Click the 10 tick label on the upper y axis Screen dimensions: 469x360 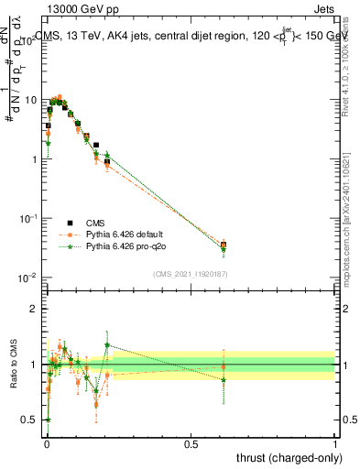31,99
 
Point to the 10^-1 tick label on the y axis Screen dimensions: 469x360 29,218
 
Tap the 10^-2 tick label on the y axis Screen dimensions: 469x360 29,278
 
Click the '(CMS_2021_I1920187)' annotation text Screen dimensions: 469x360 191,273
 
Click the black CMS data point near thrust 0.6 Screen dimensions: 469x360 224,245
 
